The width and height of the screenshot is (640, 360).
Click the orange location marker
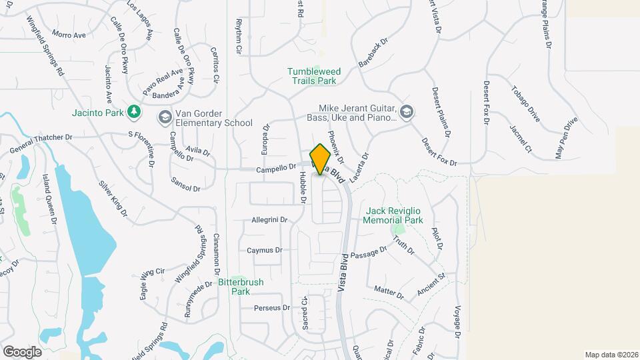[321, 159]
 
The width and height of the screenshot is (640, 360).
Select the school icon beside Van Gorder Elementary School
[164, 117]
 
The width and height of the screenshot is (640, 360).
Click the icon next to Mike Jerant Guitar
[407, 111]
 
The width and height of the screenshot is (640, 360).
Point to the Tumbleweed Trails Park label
[311, 76]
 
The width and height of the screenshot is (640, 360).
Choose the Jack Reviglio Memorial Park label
[394, 215]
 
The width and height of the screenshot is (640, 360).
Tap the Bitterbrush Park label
[241, 287]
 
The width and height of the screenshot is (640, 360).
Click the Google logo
[22, 351]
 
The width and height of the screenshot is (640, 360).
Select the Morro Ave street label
[69, 34]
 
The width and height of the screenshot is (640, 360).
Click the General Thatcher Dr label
[40, 141]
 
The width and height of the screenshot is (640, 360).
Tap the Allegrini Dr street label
[269, 219]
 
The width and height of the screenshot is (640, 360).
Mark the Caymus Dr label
[265, 251]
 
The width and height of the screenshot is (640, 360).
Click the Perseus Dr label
[272, 308]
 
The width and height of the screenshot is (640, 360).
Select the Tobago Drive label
[525, 103]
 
